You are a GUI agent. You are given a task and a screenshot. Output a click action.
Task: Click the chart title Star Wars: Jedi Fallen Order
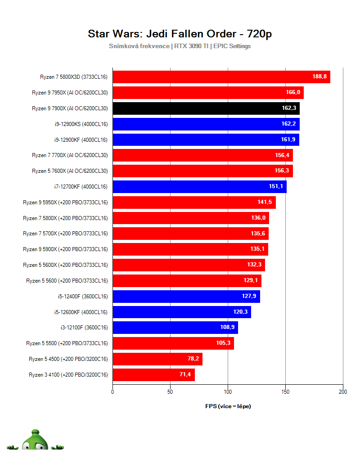coord(180,34)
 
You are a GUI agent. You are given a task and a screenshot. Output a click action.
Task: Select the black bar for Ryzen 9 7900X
coord(206,108)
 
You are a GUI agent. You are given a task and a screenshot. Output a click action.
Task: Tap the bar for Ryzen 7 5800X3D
coord(221,77)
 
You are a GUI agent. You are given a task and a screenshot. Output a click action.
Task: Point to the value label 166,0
coord(292,93)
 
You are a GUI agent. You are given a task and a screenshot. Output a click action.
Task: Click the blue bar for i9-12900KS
coord(206,124)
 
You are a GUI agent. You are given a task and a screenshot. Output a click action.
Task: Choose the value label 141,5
coord(265,202)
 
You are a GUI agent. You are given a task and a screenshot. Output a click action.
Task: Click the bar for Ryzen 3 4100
coord(153,374)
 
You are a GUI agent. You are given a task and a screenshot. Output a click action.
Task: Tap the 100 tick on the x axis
coord(228,392)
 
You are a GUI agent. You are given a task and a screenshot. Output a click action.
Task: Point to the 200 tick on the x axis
coord(343,392)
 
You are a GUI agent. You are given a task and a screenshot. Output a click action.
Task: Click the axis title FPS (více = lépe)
coord(228,406)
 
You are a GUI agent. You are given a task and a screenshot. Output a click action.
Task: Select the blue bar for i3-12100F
coord(175,328)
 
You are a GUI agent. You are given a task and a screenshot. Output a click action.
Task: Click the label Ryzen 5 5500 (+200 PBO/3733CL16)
coord(67,343)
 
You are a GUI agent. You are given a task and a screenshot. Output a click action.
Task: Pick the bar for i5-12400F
coord(186,297)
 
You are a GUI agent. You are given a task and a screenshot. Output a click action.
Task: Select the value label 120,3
coord(240,312)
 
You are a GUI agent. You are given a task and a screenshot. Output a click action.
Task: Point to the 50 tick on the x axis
coord(170,392)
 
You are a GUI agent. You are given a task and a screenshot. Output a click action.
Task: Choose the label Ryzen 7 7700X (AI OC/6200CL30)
coord(70,155)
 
